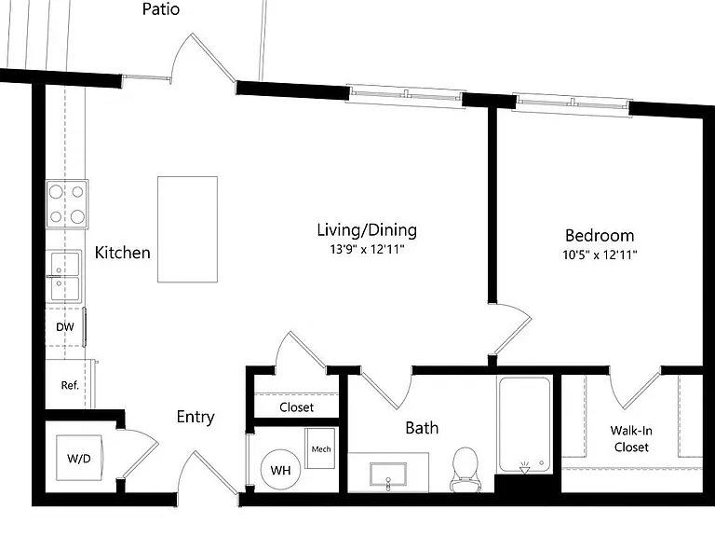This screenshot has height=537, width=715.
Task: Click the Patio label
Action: pyautogui.click(x=160, y=9)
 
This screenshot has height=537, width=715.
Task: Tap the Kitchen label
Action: pyautogui.click(x=122, y=253)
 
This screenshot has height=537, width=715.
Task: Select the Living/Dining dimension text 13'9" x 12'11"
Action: pyautogui.click(x=367, y=249)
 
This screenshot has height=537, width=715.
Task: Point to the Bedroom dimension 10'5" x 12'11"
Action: pyautogui.click(x=600, y=255)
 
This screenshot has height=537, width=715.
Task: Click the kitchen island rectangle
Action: pyautogui.click(x=187, y=229)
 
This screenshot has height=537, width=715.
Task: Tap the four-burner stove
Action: pyautogui.click(x=67, y=203)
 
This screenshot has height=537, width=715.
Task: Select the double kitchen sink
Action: pyautogui.click(x=64, y=276)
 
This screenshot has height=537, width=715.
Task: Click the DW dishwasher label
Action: pyautogui.click(x=65, y=327)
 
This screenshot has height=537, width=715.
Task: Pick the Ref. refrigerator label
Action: pyautogui.click(x=70, y=385)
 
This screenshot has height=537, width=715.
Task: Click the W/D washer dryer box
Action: pyautogui.click(x=80, y=458)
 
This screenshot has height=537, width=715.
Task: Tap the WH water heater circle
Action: pyautogui.click(x=280, y=470)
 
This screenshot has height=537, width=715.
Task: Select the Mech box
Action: pyautogui.click(x=320, y=447)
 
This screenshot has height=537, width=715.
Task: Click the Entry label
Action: pyautogui.click(x=196, y=417)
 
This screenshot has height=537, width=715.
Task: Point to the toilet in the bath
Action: pyautogui.click(x=465, y=470)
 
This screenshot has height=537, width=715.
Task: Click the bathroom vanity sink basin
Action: pyautogui.click(x=388, y=475)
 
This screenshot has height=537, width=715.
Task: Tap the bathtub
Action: pyautogui.click(x=525, y=425)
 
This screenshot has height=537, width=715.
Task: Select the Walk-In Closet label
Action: pyautogui.click(x=631, y=438)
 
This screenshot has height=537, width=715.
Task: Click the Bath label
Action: pyautogui.click(x=422, y=428)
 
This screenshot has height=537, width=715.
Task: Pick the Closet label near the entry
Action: pyautogui.click(x=296, y=406)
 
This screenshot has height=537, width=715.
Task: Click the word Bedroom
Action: pyautogui.click(x=600, y=236)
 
